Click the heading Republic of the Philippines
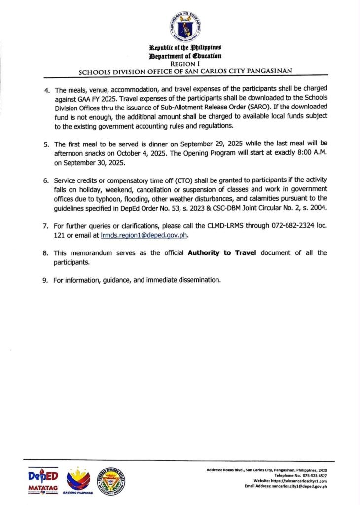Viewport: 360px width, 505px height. [x=185, y=47]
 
